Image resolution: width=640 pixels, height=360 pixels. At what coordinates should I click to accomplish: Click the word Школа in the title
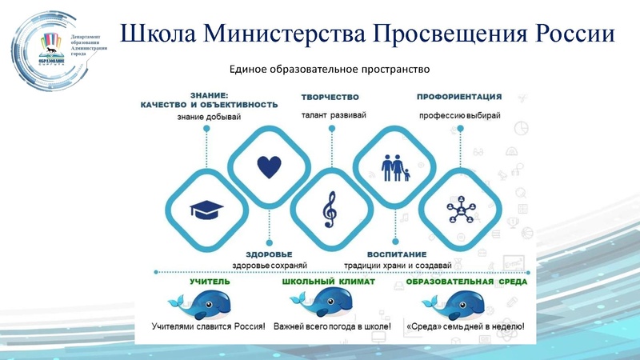[158, 34]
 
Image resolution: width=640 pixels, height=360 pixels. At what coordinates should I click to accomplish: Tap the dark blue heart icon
[269, 167]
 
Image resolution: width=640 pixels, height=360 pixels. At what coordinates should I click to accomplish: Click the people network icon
[460, 210]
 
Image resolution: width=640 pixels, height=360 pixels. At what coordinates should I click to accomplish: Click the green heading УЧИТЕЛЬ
[210, 282]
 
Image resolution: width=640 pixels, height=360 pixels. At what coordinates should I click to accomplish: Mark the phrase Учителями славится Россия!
[208, 327]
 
